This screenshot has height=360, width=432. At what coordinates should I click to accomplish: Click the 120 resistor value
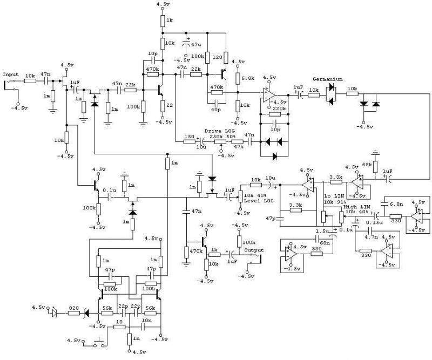click(217, 56)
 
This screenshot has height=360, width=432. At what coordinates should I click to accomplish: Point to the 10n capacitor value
click(146, 321)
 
